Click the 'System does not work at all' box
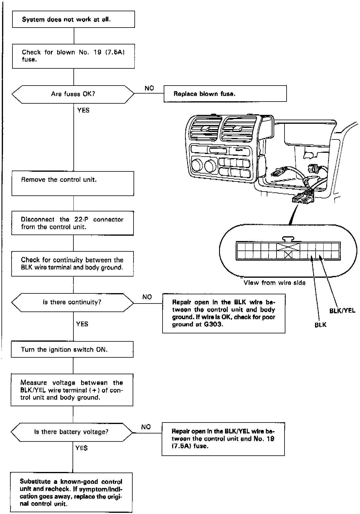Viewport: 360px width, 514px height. pyautogui.click(x=73, y=19)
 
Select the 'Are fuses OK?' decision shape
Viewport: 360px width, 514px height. pyautogui.click(x=73, y=94)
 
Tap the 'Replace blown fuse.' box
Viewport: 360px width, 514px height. pyautogui.click(x=225, y=94)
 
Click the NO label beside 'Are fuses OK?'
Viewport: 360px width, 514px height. pyautogui.click(x=149, y=88)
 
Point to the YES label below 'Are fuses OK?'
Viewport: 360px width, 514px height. pyautogui.click(x=83, y=110)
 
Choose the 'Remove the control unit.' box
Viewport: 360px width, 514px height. pyautogui.click(x=73, y=183)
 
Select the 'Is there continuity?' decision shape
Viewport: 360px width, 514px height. pyautogui.click(x=73, y=302)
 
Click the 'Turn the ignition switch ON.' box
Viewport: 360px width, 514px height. pyautogui.click(x=72, y=349)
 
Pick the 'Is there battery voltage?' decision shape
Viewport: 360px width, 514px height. pyautogui.click(x=72, y=432)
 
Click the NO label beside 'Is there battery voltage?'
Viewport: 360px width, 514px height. pyautogui.click(x=146, y=427)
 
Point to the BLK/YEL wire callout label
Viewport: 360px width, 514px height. pyautogui.click(x=342, y=311)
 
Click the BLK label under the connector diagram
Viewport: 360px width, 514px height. pyautogui.click(x=320, y=325)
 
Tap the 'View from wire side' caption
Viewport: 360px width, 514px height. pyautogui.click(x=274, y=283)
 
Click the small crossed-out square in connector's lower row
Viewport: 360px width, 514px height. pyautogui.click(x=288, y=254)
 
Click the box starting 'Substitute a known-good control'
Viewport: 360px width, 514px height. pyautogui.click(x=71, y=492)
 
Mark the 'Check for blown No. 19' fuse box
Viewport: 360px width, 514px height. pyautogui.click(x=73, y=56)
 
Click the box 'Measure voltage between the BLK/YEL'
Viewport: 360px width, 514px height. pyautogui.click(x=72, y=390)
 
